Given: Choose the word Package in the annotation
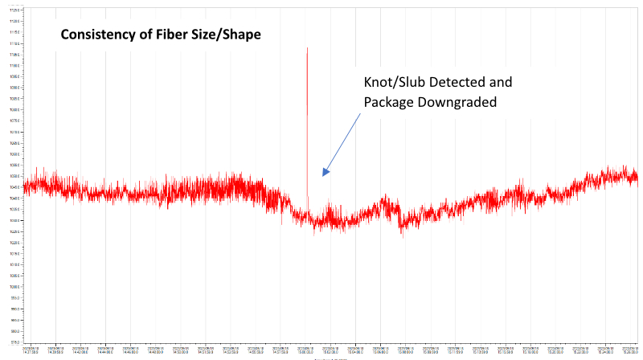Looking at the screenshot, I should pos(390,102).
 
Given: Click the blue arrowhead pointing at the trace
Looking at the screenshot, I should pos(324,173).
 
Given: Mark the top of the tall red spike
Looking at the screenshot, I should pos(307,48).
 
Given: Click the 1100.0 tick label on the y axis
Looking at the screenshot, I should pos(14,65).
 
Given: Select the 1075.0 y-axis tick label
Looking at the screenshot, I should pos(14,121).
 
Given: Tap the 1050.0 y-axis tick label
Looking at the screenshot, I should pos(14,176).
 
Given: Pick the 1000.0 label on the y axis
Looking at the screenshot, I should pos(14,286).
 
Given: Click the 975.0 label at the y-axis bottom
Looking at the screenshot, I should pos(14,342).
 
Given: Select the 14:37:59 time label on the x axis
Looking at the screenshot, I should pos(31,350).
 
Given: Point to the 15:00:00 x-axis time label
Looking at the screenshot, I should pos(306,350).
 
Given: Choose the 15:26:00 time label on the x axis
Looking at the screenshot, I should pos(629,350).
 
